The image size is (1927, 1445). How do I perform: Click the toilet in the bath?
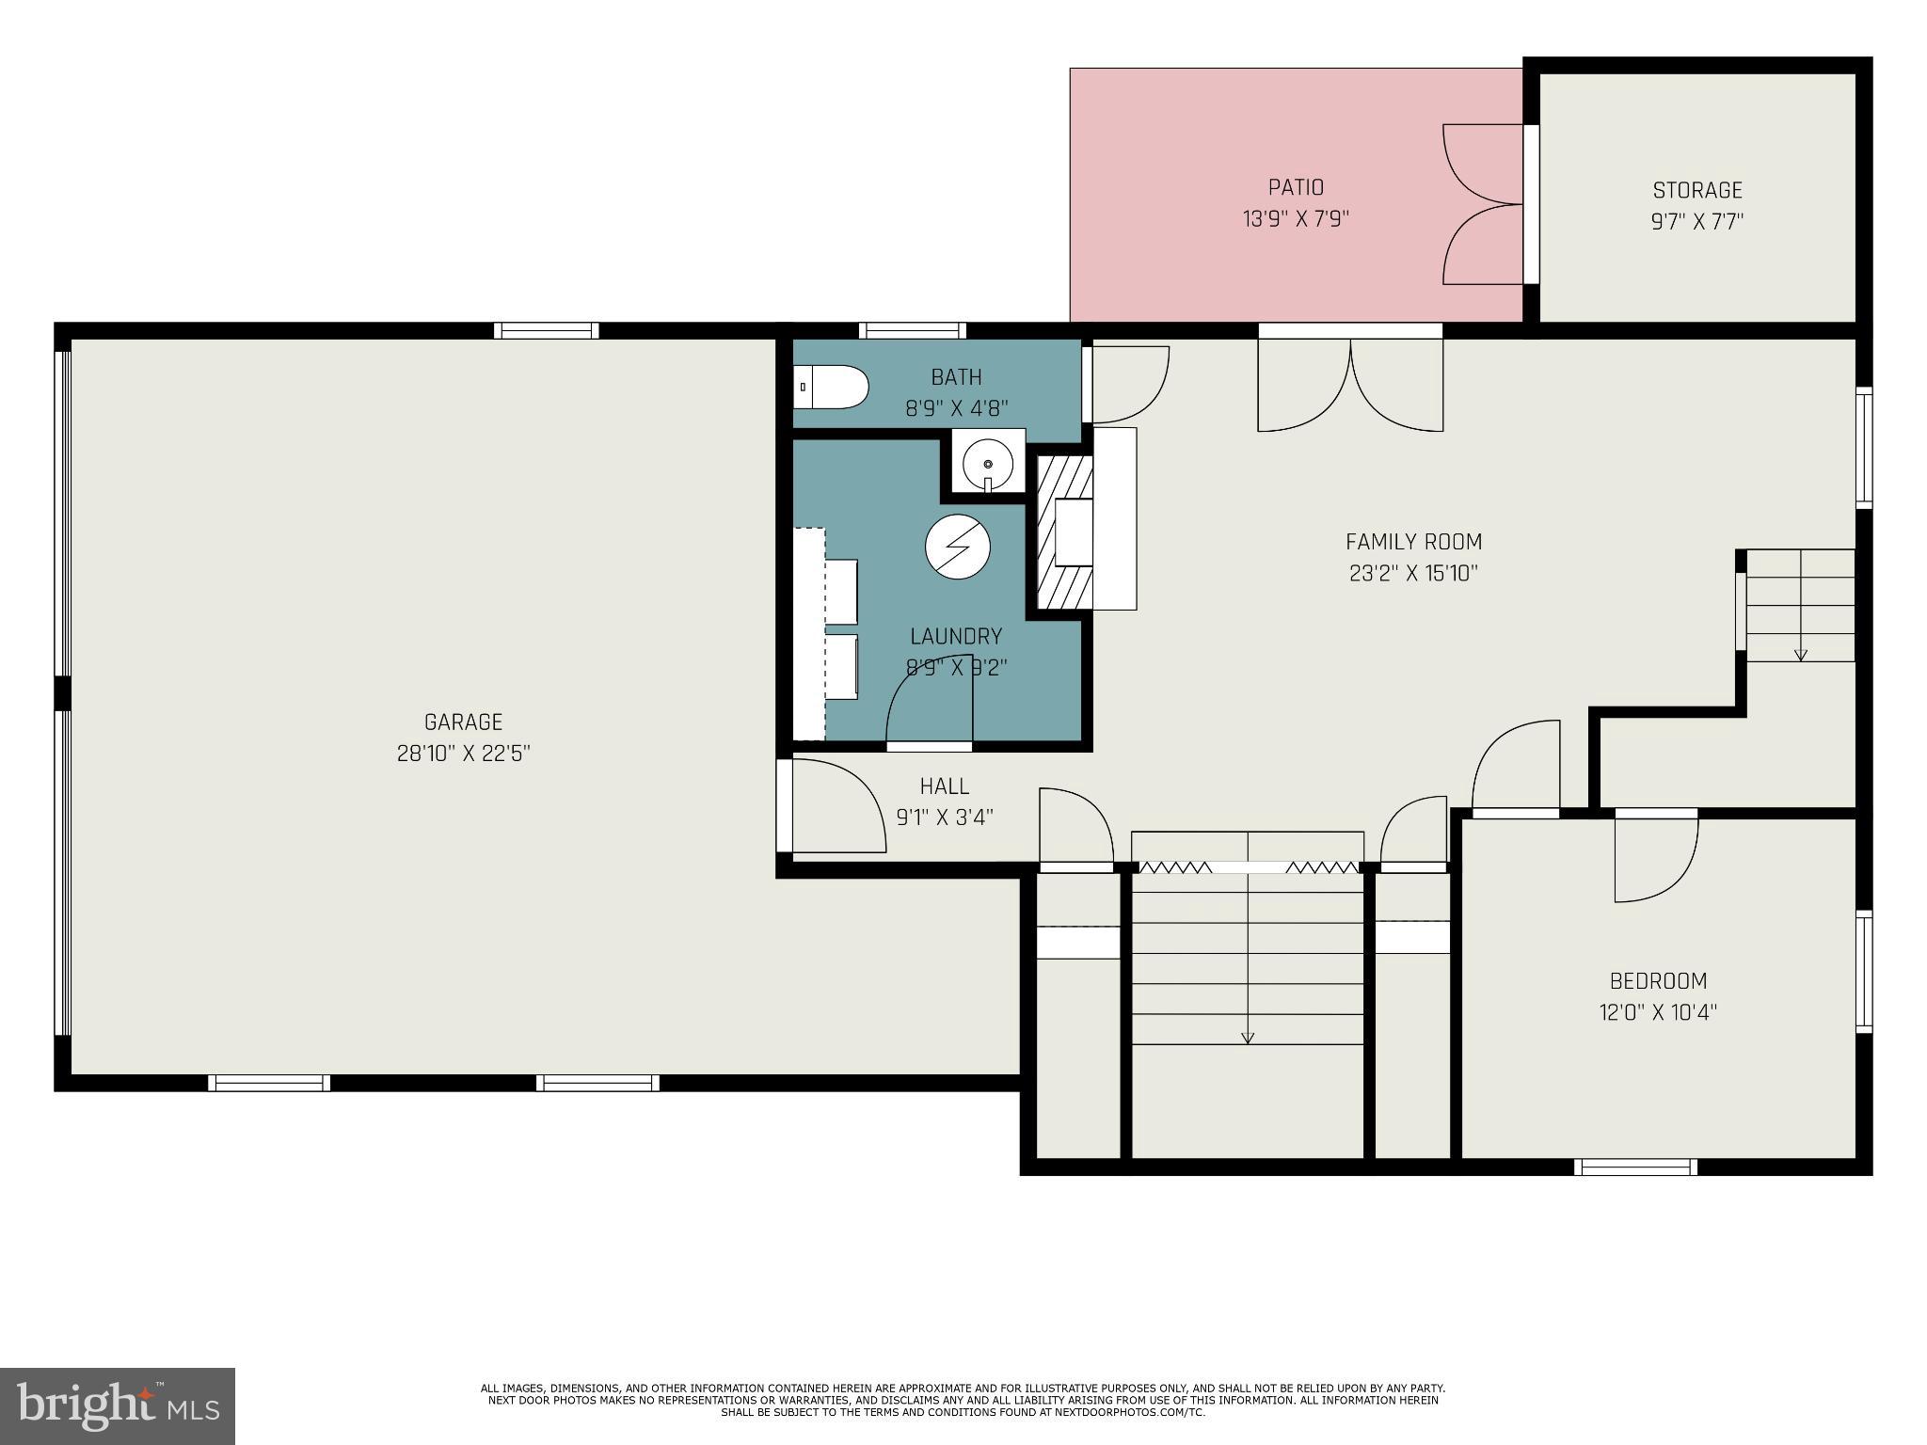[831, 387]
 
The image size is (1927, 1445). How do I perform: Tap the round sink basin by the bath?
[987, 463]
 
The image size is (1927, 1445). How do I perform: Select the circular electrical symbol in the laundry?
[958, 548]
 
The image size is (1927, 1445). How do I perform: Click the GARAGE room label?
[463, 722]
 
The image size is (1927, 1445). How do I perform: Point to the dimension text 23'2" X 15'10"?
[1413, 573]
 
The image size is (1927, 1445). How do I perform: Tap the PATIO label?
[1296, 187]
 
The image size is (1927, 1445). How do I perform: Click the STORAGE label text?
[1697, 190]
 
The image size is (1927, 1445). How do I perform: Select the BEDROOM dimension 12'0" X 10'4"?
[1658, 1012]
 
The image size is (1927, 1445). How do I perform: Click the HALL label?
[944, 786]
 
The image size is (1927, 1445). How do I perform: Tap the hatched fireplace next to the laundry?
[1064, 532]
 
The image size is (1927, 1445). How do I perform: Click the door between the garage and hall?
[834, 806]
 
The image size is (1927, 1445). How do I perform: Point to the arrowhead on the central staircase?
[1248, 1038]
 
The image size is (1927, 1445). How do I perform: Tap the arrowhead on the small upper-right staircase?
[1800, 655]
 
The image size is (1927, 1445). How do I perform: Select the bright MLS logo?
[118, 1405]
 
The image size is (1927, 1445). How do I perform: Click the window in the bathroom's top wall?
[912, 330]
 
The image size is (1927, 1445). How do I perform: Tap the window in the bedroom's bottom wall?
[1635, 1167]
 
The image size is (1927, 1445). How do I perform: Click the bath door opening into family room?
[1127, 385]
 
